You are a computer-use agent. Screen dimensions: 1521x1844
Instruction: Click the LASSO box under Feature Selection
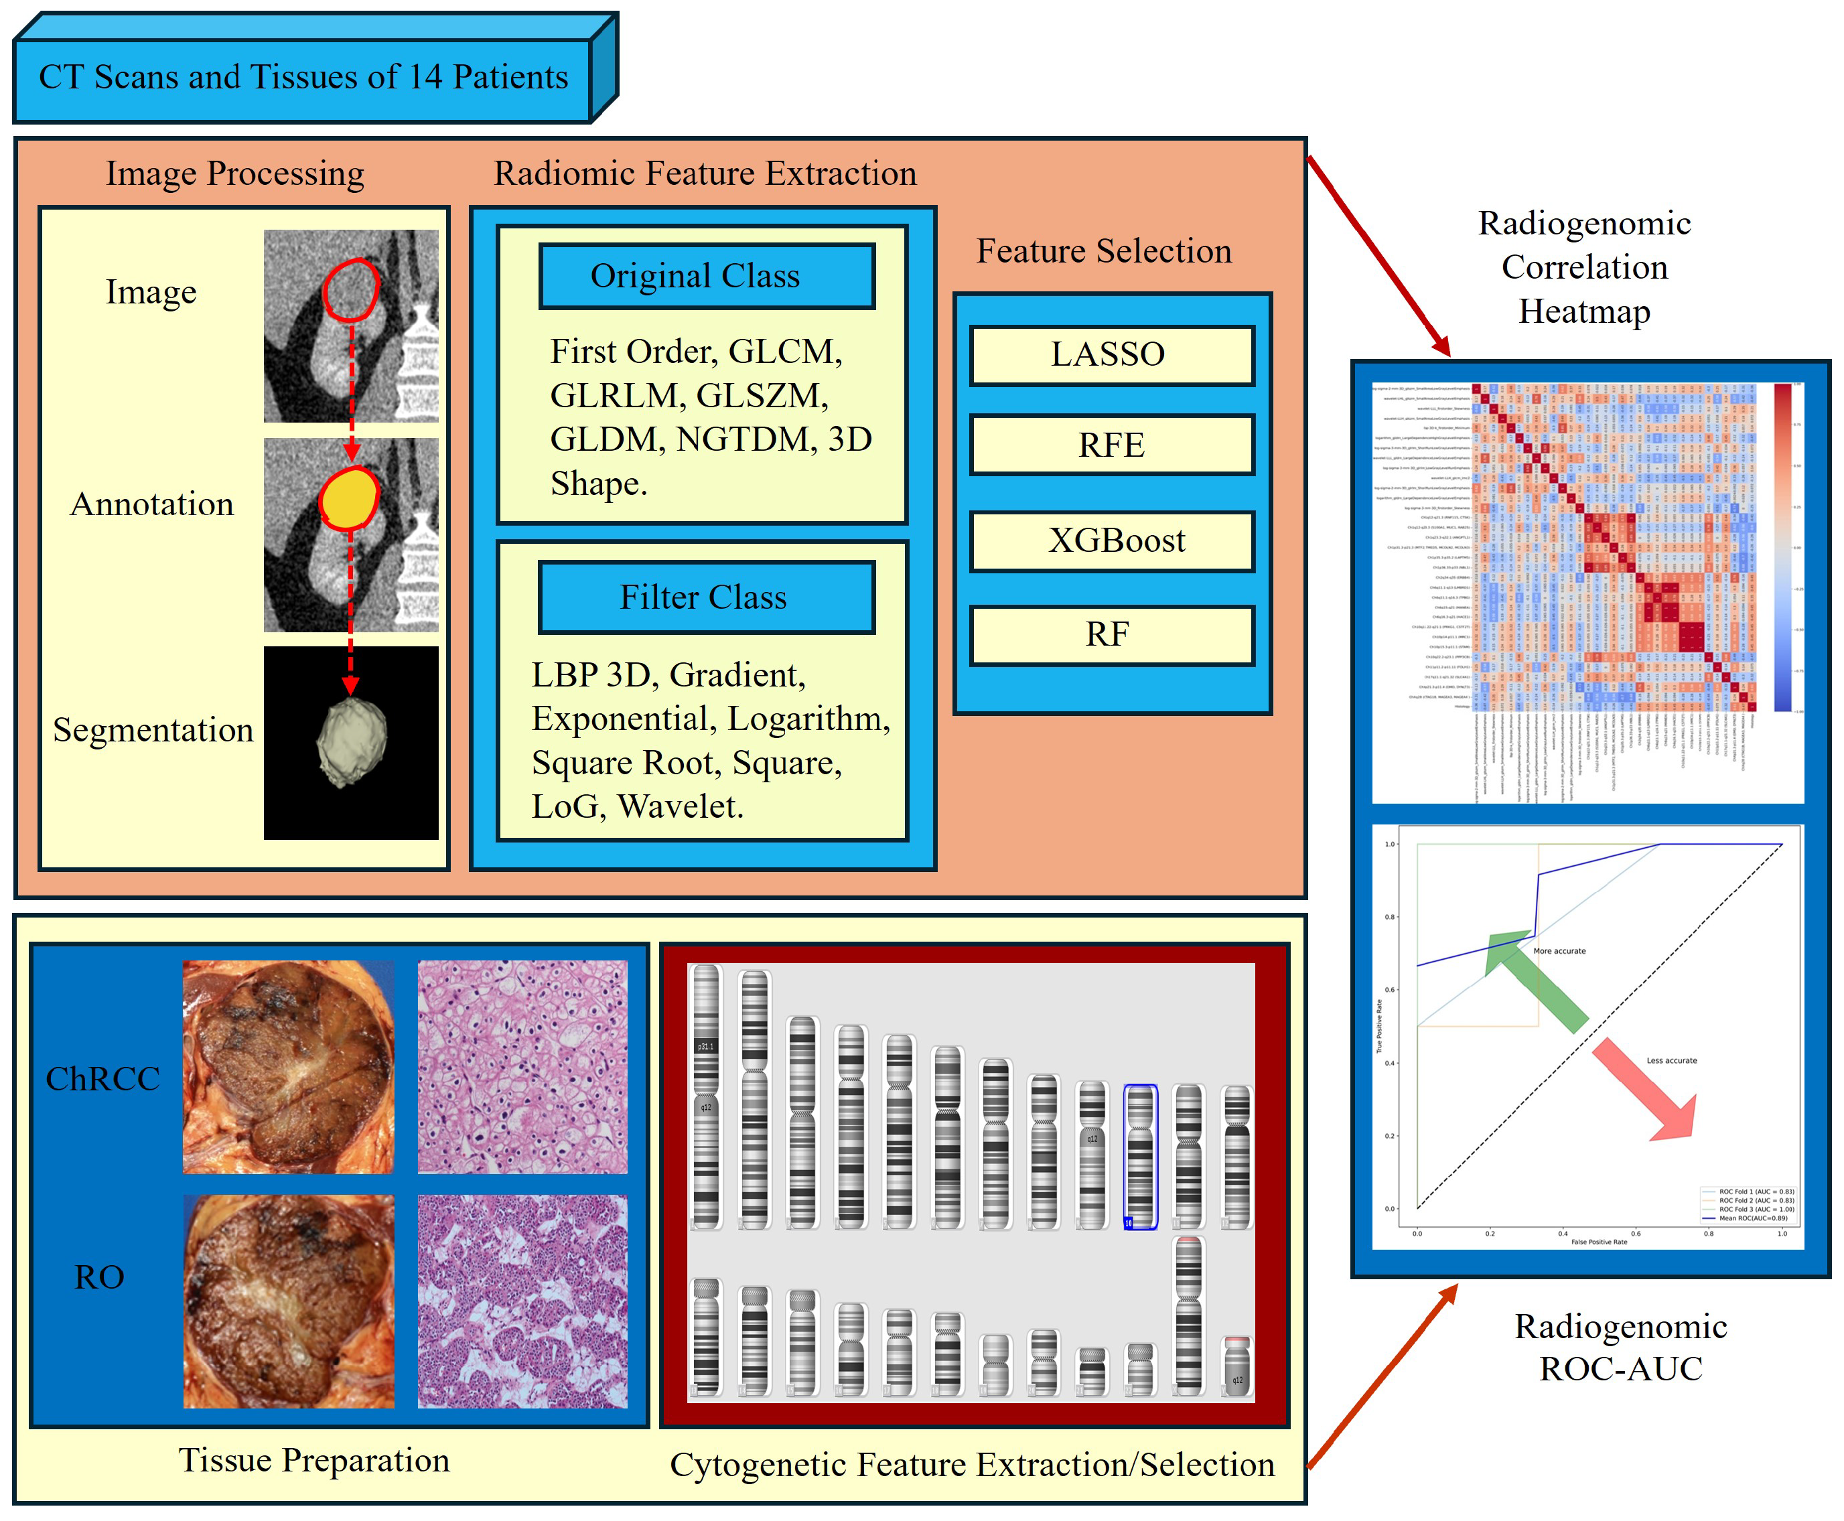[1110, 355]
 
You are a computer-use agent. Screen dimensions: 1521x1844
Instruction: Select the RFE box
[1110, 445]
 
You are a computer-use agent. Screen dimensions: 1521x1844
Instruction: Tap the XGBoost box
[1110, 540]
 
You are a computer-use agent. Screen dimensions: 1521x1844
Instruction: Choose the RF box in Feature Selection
[1110, 634]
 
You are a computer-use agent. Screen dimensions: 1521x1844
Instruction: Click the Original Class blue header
[705, 276]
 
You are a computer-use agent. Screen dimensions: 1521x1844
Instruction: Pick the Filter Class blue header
[705, 597]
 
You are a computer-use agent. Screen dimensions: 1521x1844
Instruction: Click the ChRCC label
[102, 1078]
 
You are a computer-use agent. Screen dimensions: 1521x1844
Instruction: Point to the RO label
[99, 1277]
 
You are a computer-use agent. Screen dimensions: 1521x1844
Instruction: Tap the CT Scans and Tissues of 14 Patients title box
[303, 78]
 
